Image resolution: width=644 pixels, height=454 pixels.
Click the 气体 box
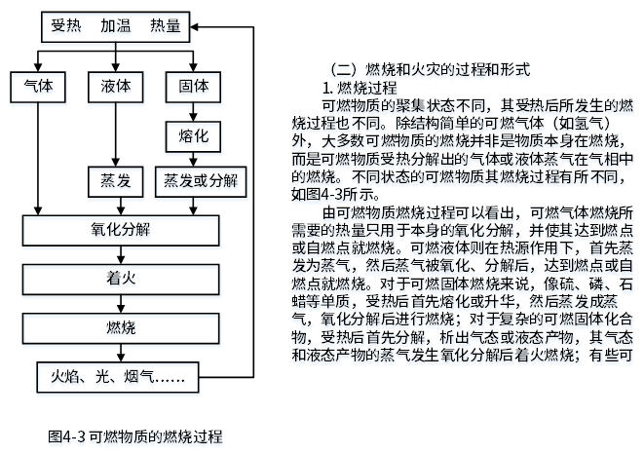tap(38, 87)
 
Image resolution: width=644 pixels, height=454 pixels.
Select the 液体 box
tap(115, 87)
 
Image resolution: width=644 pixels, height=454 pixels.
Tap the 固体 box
tap(193, 87)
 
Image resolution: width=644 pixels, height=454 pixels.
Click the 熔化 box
tap(193, 136)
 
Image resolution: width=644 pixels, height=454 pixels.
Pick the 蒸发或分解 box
tap(201, 181)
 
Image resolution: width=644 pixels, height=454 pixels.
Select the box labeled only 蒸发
tap(115, 181)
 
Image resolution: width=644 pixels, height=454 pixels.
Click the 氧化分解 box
tap(121, 231)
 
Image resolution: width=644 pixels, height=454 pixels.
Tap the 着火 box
tap(121, 280)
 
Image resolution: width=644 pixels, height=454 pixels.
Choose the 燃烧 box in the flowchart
tap(121, 328)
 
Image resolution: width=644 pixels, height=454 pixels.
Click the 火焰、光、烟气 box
tap(118, 377)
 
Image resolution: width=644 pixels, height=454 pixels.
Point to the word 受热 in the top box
tap(66, 26)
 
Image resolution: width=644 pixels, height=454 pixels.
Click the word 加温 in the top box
tap(116, 26)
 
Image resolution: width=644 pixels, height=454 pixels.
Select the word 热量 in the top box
tap(166, 26)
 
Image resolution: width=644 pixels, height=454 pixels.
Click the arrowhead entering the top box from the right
tap(194, 27)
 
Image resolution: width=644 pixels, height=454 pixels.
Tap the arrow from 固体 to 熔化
tap(193, 112)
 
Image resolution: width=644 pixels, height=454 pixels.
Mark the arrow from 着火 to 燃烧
tap(121, 304)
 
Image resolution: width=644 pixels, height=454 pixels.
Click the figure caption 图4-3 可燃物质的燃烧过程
tap(135, 436)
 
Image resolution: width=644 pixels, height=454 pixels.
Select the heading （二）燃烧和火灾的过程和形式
tap(431, 69)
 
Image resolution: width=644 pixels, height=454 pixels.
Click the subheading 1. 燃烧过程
tap(360, 88)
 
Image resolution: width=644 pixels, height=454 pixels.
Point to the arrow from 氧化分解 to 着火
tap(121, 255)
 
